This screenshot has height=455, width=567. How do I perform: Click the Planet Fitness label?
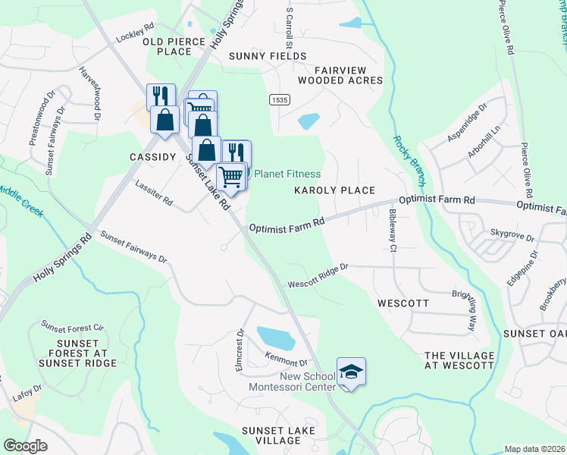point(287,174)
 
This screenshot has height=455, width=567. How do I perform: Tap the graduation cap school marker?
point(350,372)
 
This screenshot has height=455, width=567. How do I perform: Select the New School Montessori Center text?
point(292,382)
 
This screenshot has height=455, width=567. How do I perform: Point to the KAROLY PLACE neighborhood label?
point(335,191)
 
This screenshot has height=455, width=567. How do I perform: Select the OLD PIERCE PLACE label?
point(179,45)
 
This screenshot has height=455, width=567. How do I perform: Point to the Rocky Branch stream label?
point(408,161)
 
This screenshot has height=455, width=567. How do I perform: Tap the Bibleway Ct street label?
point(392,231)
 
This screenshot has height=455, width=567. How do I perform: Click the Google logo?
point(24,445)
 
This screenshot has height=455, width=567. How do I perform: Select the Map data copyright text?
point(535,449)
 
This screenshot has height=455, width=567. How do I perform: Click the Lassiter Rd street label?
point(154,193)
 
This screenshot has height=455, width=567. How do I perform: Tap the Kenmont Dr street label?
point(286,359)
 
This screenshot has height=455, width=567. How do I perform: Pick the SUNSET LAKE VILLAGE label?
point(271,435)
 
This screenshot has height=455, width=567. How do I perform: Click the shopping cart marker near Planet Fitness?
point(230,177)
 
